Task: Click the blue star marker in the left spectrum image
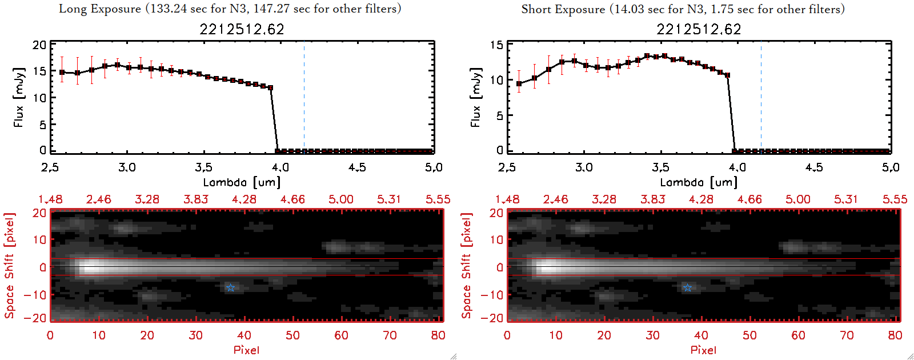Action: (x=230, y=287)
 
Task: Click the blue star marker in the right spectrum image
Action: (x=687, y=287)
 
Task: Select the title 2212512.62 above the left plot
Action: (x=242, y=29)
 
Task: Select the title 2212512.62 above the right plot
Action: (x=699, y=29)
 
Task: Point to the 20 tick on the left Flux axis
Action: (x=39, y=45)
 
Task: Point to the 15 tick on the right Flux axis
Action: (x=496, y=45)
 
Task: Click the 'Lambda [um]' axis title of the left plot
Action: (x=242, y=182)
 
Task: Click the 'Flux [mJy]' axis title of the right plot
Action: (x=475, y=97)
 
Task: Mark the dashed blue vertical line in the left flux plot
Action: (x=304, y=97)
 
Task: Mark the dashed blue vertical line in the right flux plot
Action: (x=761, y=97)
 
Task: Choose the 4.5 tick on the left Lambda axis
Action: (x=357, y=167)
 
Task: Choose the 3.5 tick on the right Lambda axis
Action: (x=660, y=167)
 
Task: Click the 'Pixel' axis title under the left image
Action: (x=246, y=350)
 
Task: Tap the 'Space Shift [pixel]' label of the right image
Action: (x=467, y=266)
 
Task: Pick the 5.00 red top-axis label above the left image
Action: (x=341, y=199)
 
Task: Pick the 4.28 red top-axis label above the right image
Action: (x=701, y=199)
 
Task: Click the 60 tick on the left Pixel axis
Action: (x=341, y=335)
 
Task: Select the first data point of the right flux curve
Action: (x=519, y=84)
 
